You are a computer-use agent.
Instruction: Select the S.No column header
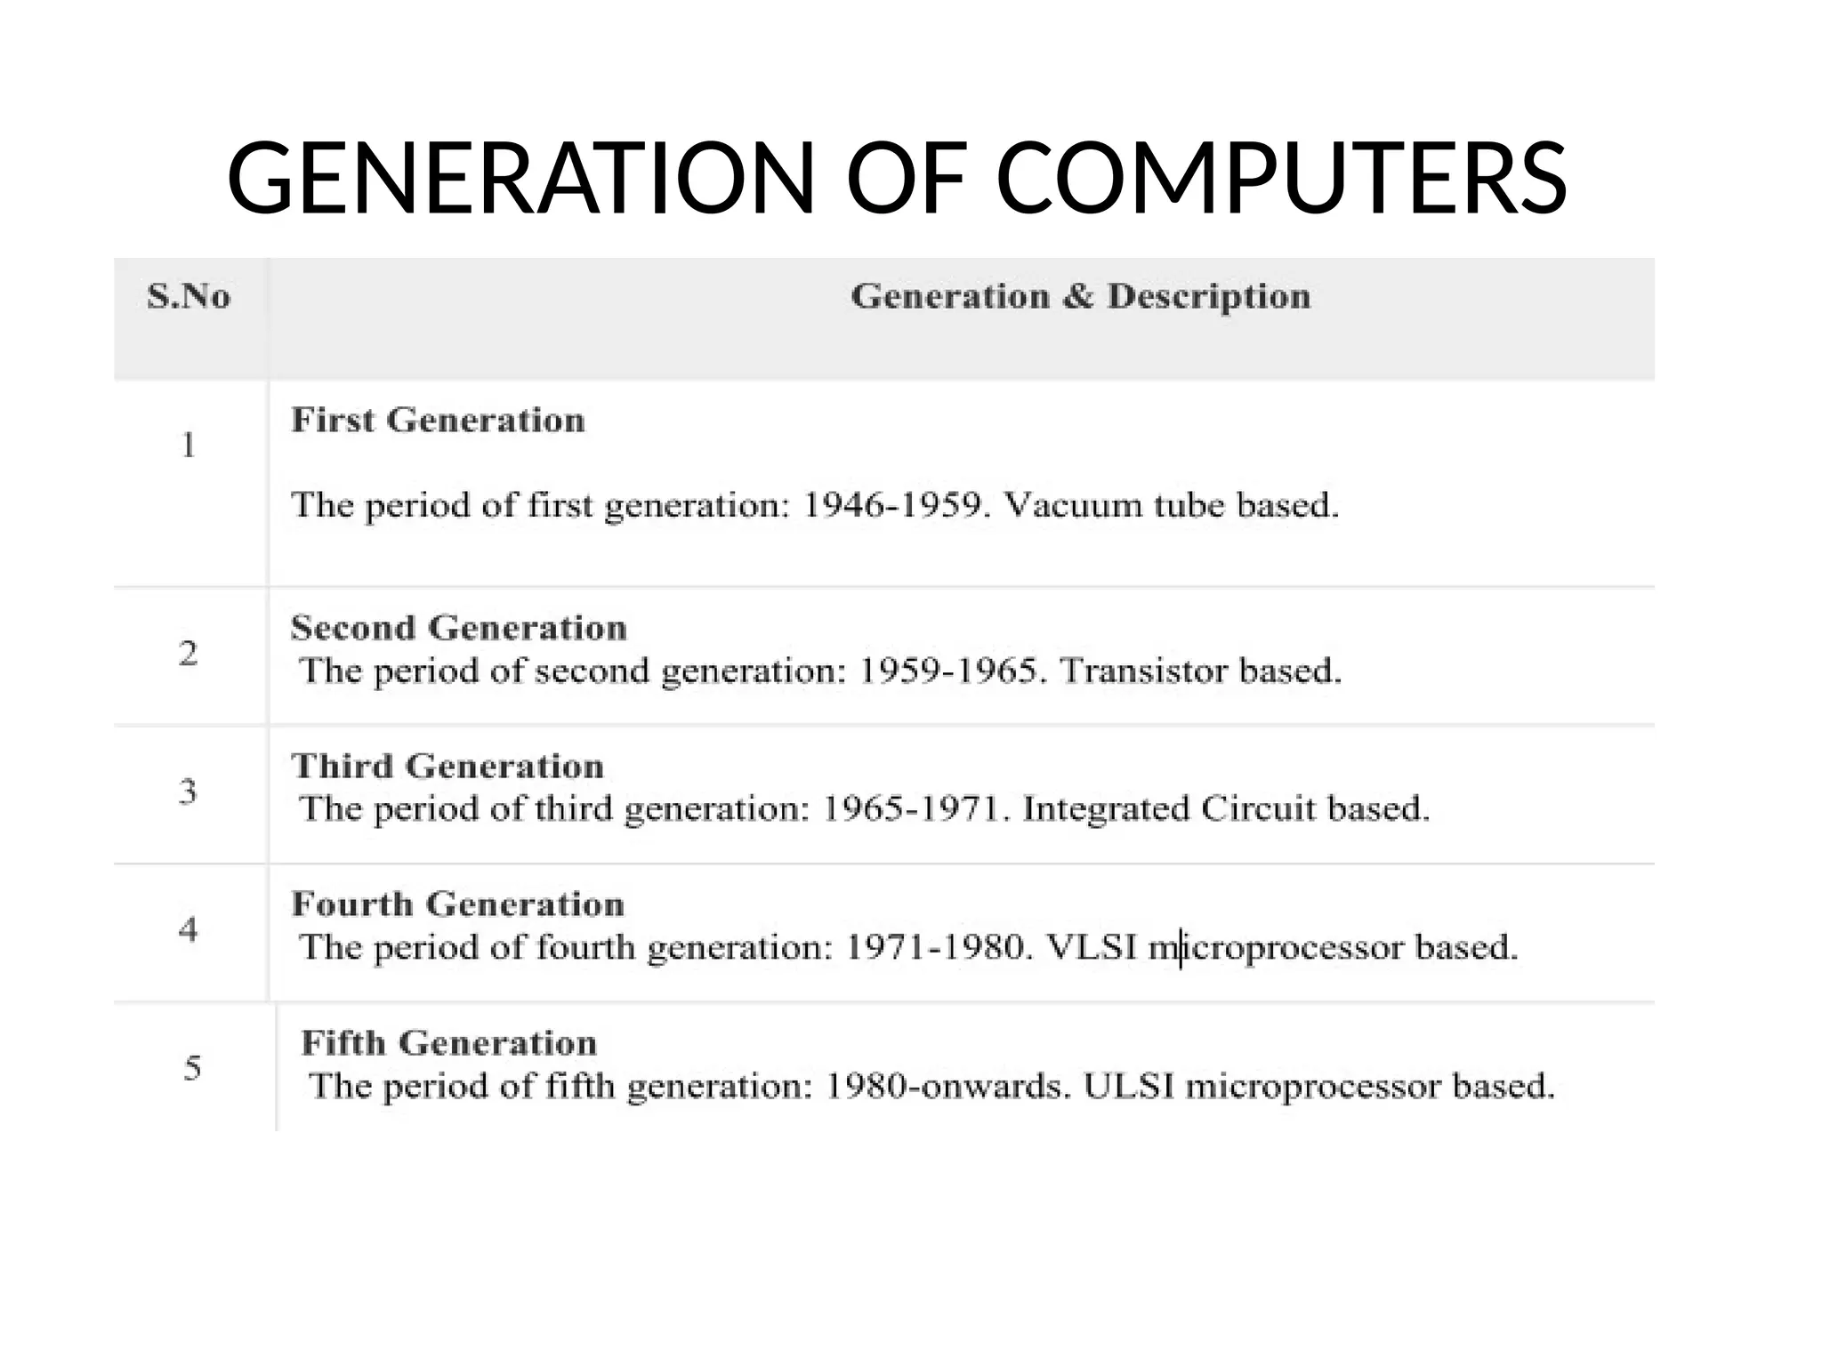[189, 296]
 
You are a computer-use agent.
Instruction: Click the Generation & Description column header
[1080, 296]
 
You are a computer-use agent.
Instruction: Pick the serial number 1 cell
[189, 445]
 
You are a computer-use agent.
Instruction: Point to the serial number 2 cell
[189, 654]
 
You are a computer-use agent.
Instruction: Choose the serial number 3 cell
[189, 791]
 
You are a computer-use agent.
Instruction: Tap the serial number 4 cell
[189, 930]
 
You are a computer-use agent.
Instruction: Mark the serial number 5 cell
[192, 1067]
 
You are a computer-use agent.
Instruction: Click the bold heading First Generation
[438, 420]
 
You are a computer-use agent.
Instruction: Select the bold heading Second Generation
[458, 628]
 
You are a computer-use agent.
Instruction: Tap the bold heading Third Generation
[447, 766]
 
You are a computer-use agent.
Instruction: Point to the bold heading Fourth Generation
[457, 904]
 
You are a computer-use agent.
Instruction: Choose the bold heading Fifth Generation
[448, 1043]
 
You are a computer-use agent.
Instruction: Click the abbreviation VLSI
[1092, 947]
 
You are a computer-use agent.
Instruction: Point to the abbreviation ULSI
[1128, 1086]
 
